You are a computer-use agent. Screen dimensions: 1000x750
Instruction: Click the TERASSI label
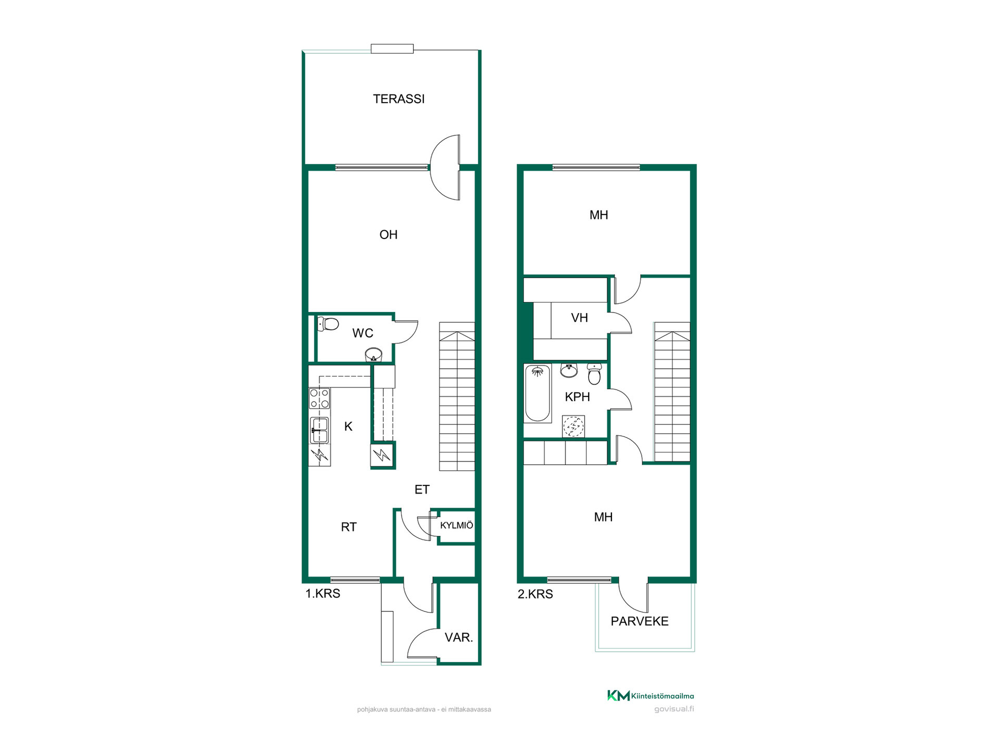point(398,99)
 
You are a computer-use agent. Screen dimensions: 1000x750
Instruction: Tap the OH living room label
point(389,235)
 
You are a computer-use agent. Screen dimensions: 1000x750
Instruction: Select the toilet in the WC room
point(328,324)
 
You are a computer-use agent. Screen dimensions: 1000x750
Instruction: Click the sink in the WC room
point(373,355)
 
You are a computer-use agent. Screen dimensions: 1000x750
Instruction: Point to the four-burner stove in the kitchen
point(319,398)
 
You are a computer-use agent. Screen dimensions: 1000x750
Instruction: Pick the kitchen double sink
point(319,430)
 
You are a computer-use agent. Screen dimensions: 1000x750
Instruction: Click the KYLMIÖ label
point(457,526)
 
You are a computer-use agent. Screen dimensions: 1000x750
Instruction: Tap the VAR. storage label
point(459,637)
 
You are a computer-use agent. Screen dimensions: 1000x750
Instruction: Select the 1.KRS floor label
point(322,594)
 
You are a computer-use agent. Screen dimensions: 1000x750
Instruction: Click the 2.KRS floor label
point(535,594)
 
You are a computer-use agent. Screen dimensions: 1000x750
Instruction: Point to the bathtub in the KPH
point(537,393)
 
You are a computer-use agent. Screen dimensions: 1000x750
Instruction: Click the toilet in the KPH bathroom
point(594,374)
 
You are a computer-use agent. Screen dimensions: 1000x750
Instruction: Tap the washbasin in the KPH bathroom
point(569,370)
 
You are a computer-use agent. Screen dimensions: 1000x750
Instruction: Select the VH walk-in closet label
point(579,318)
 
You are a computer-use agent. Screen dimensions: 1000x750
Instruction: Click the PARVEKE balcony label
point(640,621)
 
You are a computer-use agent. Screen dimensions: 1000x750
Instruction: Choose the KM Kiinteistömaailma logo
point(651,695)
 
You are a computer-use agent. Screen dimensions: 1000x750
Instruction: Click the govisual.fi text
point(674,709)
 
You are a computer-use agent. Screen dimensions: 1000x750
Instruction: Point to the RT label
point(348,527)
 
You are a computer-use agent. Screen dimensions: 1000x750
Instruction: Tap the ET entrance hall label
point(422,490)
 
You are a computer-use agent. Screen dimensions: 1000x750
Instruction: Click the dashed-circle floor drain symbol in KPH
point(573,427)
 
